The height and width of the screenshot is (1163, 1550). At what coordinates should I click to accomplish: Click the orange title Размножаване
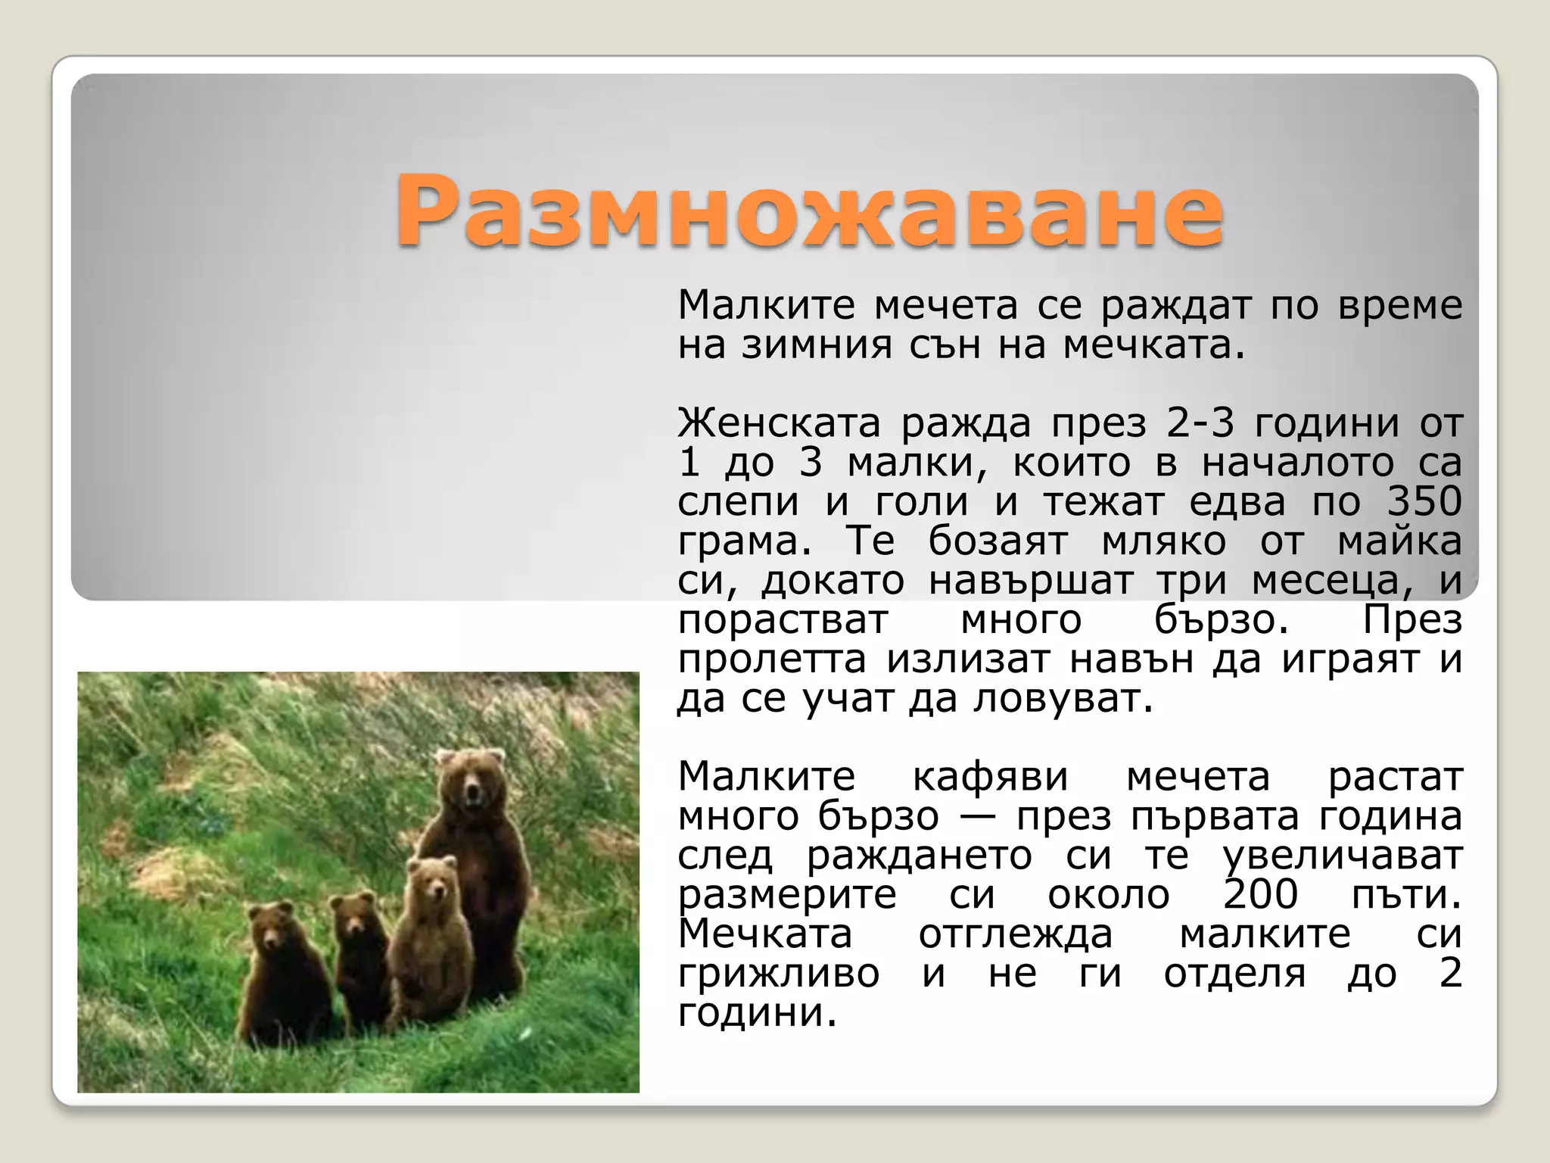[x=808, y=211]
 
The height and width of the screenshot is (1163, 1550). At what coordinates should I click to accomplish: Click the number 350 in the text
[x=1424, y=501]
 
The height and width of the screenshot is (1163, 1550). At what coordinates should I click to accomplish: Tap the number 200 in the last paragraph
[x=1261, y=894]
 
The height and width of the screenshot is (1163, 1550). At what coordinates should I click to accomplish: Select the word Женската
[x=779, y=422]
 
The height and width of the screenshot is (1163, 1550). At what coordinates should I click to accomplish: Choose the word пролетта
[x=771, y=659]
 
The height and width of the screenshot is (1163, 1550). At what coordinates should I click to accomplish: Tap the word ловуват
[x=1063, y=698]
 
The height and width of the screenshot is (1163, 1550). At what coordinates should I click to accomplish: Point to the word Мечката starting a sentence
[x=765, y=934]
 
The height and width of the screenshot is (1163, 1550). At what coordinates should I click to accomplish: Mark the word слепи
[x=738, y=501]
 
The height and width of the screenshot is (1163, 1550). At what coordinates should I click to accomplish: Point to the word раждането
[x=919, y=856]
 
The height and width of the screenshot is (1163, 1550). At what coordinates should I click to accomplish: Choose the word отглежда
[x=1016, y=934]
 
